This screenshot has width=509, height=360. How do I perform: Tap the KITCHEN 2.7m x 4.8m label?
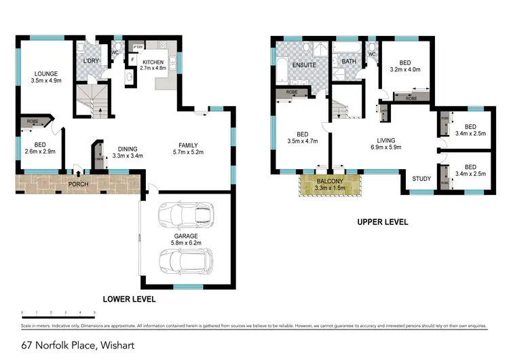(x=153, y=65)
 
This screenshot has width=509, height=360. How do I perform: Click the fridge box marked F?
(x=133, y=60)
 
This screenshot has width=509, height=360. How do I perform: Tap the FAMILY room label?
(x=188, y=149)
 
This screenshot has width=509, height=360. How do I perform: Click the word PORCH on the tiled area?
(x=79, y=184)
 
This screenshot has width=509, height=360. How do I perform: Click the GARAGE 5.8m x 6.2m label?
(x=185, y=240)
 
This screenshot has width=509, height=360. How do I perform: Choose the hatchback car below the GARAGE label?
(x=185, y=260)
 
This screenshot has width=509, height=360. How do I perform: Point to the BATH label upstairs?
(x=349, y=61)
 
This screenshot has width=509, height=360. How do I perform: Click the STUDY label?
(x=422, y=179)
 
